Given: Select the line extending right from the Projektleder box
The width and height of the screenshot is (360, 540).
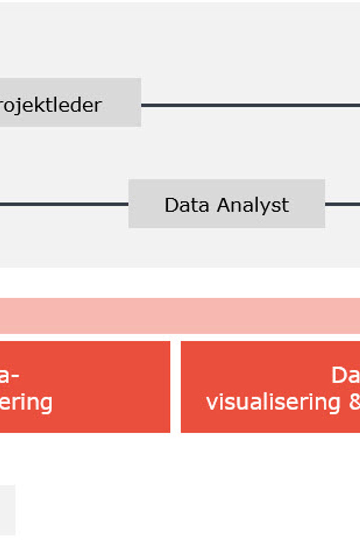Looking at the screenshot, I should click(x=250, y=105).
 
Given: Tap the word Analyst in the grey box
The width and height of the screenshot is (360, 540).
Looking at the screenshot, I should click(x=252, y=205).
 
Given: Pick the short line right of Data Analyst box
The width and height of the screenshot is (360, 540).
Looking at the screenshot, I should click(x=342, y=204).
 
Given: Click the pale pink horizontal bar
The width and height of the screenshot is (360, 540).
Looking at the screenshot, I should click(x=180, y=315).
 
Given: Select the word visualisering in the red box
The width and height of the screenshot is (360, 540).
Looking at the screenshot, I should click(x=273, y=402).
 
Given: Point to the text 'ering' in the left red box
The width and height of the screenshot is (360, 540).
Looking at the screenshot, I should click(x=26, y=402).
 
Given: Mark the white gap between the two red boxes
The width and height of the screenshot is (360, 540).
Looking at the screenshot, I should click(x=175, y=387).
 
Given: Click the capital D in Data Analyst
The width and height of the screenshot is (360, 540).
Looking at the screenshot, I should click(x=171, y=205).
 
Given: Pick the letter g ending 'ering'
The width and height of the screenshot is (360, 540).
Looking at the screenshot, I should click(x=46, y=403).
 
